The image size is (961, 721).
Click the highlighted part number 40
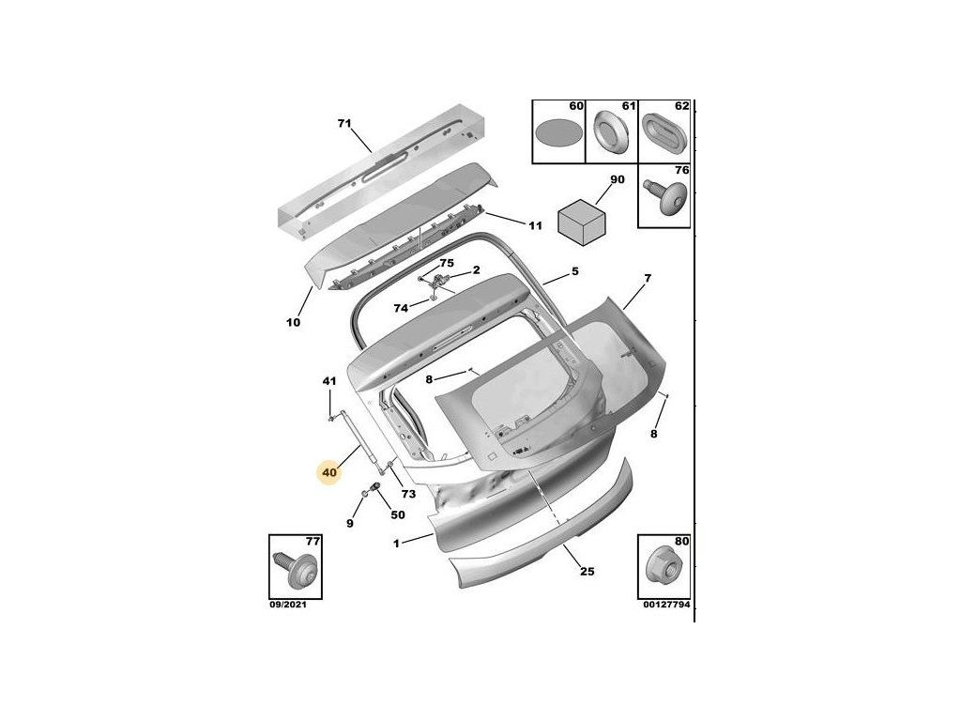[328, 473]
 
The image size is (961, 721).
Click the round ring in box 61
[612, 132]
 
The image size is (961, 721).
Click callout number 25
[587, 572]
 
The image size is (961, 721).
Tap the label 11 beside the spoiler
[535, 225]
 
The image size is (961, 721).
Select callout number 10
[293, 322]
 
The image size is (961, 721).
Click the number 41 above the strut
[328, 381]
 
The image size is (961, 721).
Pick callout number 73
[407, 494]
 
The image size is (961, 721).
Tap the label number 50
[397, 514]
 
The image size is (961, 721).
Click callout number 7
[647, 279]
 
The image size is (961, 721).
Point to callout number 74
[401, 307]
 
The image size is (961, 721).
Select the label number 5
[575, 272]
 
